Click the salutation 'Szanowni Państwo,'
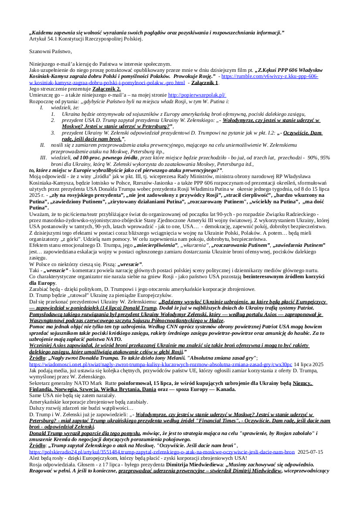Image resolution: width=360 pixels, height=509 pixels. pyautogui.click(x=50, y=51)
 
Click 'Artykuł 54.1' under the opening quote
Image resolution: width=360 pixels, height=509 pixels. pyautogui.click(x=44, y=39)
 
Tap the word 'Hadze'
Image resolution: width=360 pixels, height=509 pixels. pyautogui.click(x=214, y=320)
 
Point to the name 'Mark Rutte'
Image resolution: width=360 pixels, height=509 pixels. pyautogui.click(x=99, y=383)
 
